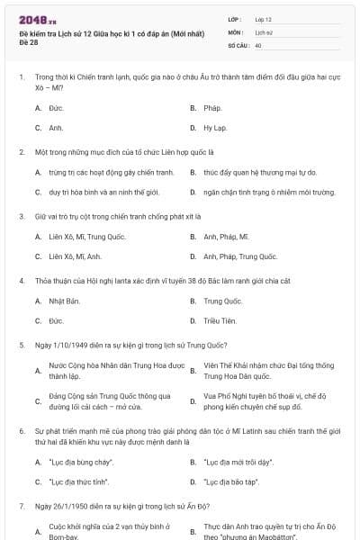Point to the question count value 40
point(258,45)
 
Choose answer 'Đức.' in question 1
point(56,108)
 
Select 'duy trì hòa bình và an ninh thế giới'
point(103,192)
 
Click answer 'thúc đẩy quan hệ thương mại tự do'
point(259,172)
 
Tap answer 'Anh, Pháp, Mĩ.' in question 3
point(226,237)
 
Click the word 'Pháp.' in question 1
point(212,108)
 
